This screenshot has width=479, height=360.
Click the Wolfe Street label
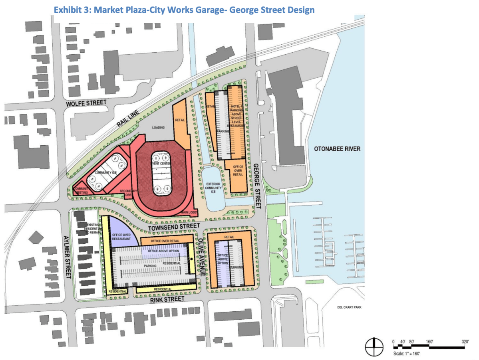(87, 103)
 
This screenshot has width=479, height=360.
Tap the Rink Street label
(168, 299)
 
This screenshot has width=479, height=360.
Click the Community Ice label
(106, 172)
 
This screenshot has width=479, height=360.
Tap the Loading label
(157, 128)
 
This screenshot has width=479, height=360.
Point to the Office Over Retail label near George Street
(238, 171)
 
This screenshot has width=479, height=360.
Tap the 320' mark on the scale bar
(465, 342)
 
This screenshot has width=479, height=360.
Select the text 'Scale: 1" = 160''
(406, 353)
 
